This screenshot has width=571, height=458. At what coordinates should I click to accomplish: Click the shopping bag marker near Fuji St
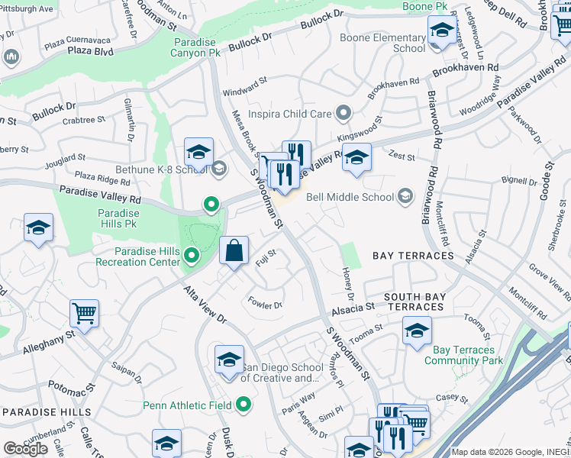(234, 251)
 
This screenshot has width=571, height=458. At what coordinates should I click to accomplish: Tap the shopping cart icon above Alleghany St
(84, 312)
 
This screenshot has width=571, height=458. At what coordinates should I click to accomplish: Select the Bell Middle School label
(350, 197)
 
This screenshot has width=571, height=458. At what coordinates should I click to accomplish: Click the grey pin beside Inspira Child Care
(344, 114)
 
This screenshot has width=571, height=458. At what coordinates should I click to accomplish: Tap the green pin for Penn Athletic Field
(244, 404)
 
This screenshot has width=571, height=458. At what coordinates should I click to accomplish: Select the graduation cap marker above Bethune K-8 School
(198, 152)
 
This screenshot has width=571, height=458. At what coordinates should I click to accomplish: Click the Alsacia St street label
(353, 310)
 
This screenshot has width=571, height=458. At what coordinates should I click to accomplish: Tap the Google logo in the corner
(25, 448)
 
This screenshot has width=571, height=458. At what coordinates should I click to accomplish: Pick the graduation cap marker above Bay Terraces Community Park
(417, 330)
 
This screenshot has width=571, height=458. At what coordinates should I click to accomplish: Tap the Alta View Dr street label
(205, 305)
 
